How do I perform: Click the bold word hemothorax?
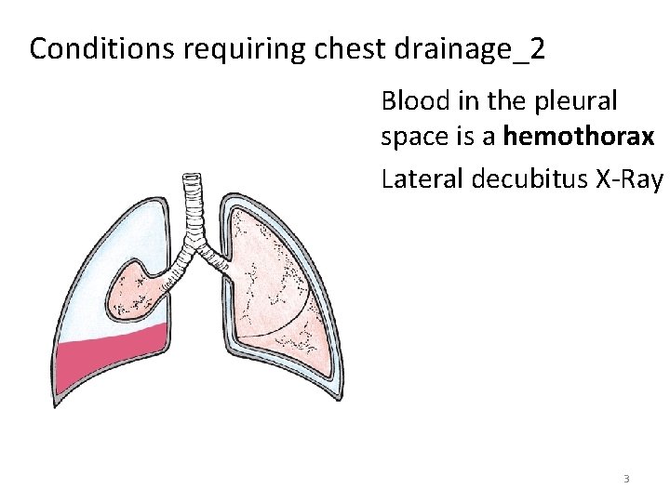[x=579, y=137]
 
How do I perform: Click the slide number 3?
[x=626, y=479]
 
